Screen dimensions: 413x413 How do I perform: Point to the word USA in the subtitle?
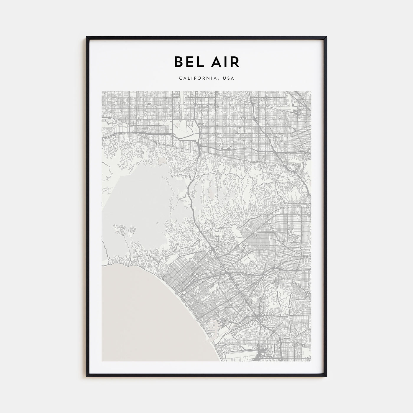pyautogui.click(x=229, y=78)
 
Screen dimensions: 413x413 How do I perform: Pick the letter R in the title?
pyautogui.click(x=235, y=62)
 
